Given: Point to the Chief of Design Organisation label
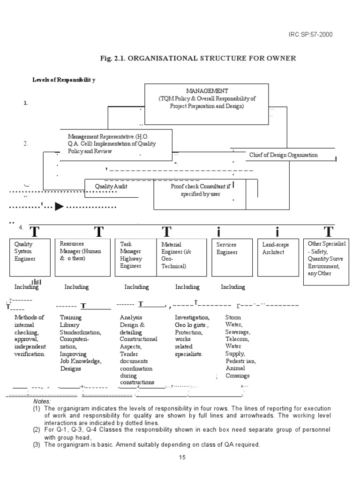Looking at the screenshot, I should coord(283,155).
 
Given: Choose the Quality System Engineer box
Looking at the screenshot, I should coord(30,257).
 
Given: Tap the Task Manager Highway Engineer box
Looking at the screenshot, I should coord(135,257).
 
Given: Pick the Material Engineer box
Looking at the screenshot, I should coord(181,257).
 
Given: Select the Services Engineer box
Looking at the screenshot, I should coord(233,257).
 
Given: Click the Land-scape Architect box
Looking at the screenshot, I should coord(277,257).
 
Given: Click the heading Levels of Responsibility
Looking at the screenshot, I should coord(64,80).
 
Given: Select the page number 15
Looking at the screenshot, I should coord(182,457).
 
